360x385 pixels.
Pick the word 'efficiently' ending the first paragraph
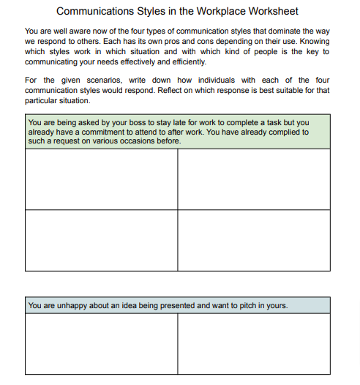click(x=187, y=62)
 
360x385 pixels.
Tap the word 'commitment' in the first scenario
click(x=94, y=132)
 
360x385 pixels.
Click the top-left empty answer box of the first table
click(x=101, y=179)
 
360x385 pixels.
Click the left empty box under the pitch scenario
click(x=101, y=344)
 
